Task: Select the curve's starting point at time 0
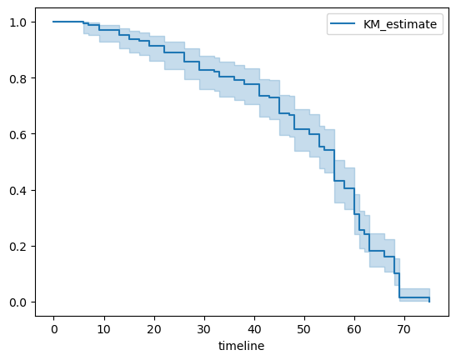[53, 22]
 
